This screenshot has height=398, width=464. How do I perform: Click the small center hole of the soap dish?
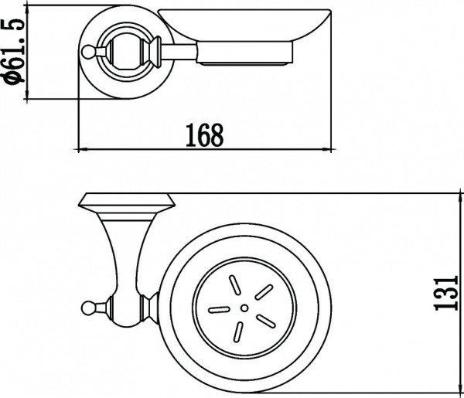click(x=244, y=308)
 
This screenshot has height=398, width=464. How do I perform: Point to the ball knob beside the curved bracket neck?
click(x=87, y=309)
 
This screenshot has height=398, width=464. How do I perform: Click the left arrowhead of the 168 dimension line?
click(x=80, y=148)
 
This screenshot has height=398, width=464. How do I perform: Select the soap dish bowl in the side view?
click(x=244, y=27)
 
